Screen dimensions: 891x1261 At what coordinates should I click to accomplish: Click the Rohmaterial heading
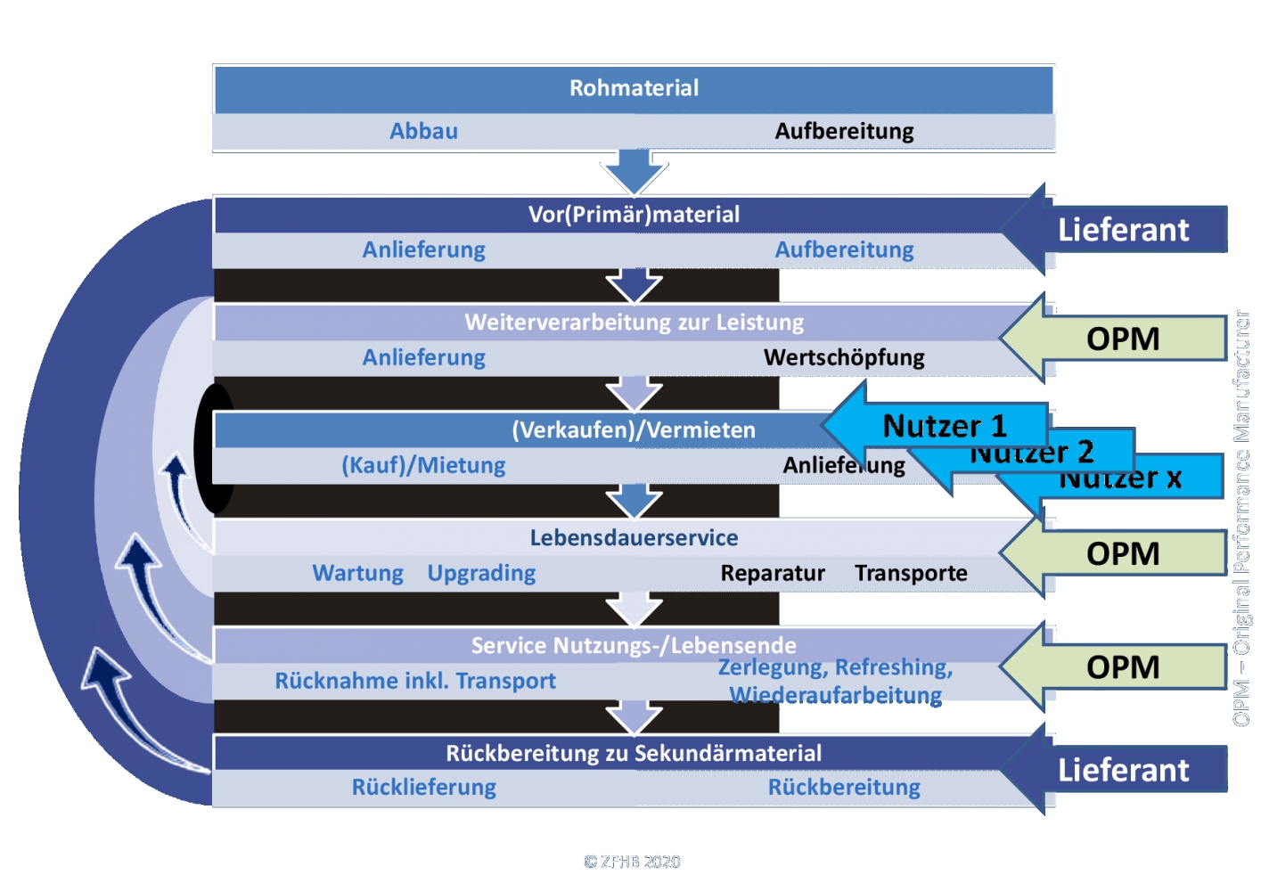point(634,88)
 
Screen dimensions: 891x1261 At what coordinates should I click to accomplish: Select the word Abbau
point(423,131)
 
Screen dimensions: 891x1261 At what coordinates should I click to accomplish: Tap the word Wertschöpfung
point(844,357)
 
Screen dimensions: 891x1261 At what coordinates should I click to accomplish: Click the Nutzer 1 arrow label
point(944,426)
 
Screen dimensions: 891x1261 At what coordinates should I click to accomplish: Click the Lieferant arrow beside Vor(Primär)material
point(1122,230)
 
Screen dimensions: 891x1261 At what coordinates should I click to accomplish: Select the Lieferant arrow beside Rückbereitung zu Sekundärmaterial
point(1122,770)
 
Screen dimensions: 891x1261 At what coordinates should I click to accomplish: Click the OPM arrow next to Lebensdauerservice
point(1122,553)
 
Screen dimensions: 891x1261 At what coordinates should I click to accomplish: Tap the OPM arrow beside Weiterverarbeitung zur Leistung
point(1122,339)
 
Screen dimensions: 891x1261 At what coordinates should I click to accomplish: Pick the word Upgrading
point(481,573)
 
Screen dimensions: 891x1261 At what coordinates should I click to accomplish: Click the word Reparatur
point(773,573)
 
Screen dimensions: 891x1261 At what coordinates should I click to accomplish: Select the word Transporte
point(911,573)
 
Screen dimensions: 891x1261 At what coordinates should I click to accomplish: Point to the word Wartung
point(357,573)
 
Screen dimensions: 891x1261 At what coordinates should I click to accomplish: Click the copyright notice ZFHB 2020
point(632,862)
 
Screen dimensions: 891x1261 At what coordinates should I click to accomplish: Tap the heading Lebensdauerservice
point(634,537)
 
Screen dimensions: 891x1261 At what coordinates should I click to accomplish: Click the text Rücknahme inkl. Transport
point(415,681)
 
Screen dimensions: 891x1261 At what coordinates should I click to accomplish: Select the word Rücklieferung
point(423,788)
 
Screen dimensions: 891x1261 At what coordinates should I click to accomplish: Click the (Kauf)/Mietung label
point(423,465)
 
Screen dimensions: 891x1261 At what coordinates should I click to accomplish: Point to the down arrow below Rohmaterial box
point(634,172)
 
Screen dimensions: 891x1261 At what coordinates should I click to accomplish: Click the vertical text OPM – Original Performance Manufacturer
point(1241,518)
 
